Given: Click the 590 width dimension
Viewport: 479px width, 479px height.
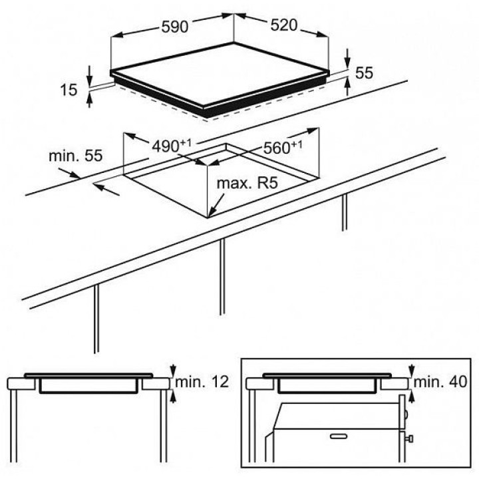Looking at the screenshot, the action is click(175, 27).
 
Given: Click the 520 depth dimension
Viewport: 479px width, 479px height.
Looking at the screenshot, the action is click(284, 25).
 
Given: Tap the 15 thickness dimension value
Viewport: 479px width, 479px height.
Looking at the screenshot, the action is click(69, 90).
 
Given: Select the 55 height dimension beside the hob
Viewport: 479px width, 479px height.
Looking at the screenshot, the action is click(365, 73).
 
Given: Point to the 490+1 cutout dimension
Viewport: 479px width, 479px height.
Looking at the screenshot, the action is click(172, 146).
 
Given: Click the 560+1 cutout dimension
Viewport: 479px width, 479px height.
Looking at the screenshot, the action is click(283, 148).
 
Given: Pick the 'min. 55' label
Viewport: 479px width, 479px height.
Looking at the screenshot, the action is click(76, 156).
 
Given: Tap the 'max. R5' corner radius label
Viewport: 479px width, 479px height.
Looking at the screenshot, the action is click(247, 184).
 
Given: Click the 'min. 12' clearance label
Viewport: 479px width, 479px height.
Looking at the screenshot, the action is click(202, 382).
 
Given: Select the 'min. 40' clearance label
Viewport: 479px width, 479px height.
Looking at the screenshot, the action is click(440, 382).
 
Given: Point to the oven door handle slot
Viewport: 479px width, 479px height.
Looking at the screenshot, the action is click(339, 436).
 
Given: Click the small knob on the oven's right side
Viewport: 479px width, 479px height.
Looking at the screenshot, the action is click(410, 439).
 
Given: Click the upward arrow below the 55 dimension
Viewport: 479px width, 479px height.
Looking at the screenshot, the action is click(348, 86).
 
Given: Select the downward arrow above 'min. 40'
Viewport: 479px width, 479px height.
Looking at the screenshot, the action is click(412, 371).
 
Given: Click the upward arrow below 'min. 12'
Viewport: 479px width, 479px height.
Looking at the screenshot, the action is click(174, 397).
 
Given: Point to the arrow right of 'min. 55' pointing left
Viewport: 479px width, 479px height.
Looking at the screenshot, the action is click(106, 188).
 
